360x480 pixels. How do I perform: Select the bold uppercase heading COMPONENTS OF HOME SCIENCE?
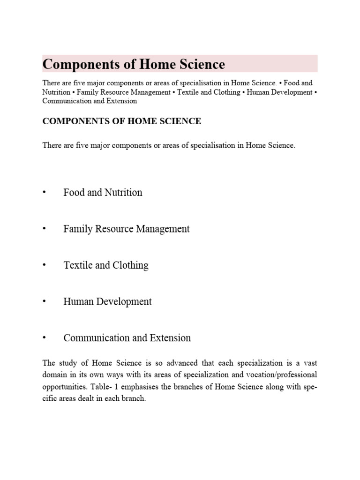(x=122, y=121)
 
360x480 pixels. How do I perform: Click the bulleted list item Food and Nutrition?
(x=103, y=192)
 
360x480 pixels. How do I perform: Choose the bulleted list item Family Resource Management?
(x=127, y=229)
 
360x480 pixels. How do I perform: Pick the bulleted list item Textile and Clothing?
(x=106, y=265)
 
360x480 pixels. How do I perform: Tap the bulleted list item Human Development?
(x=107, y=301)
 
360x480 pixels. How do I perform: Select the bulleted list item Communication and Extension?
(x=127, y=338)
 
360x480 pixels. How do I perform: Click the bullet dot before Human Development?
(x=45, y=301)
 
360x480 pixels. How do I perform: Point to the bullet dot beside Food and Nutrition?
(x=45, y=192)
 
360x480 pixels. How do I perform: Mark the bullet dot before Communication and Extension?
(x=45, y=338)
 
